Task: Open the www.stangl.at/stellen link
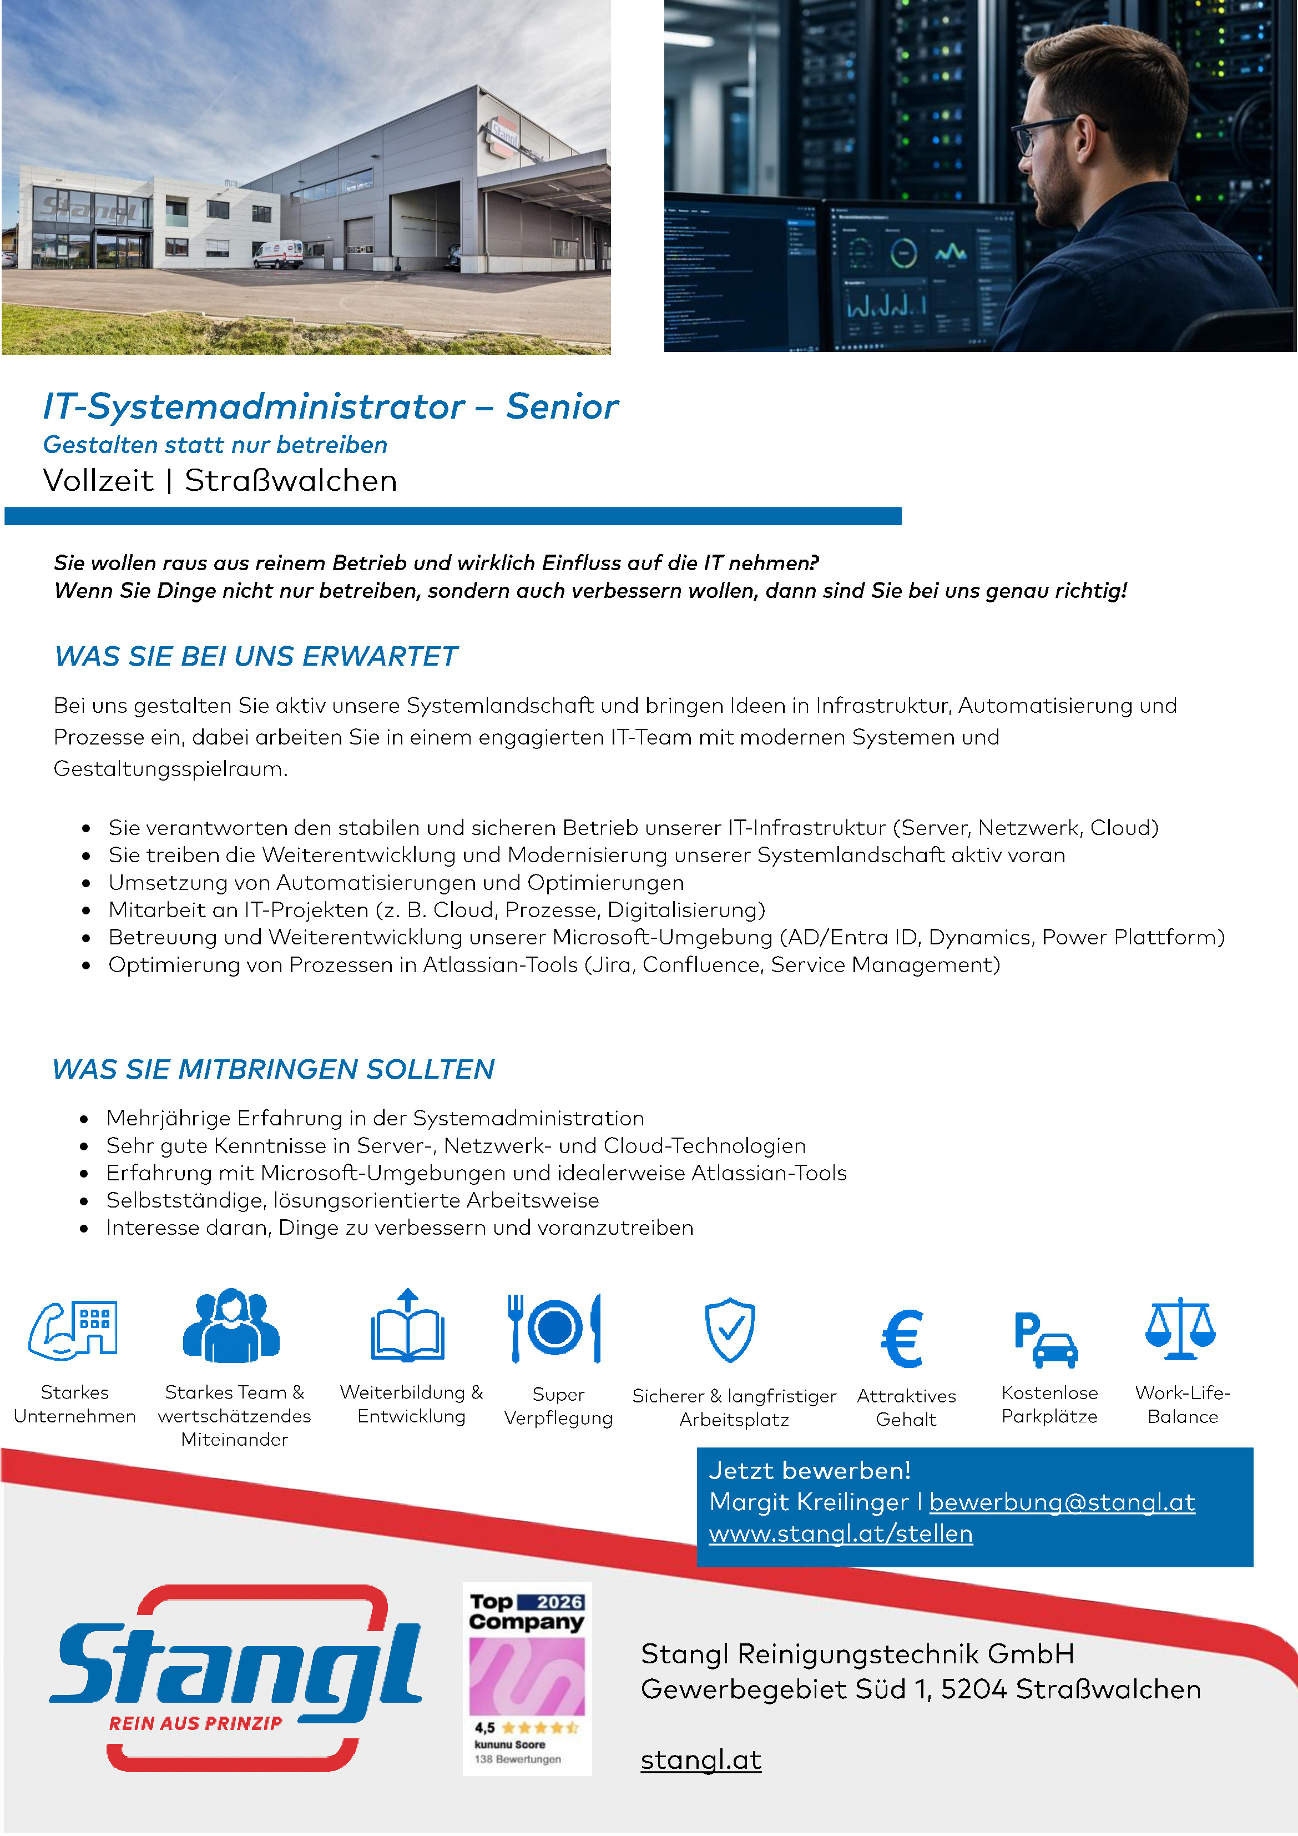pyautogui.click(x=840, y=1534)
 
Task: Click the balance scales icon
pyautogui.click(x=1180, y=1329)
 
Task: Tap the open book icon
pyautogui.click(x=408, y=1327)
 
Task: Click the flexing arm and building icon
pyautogui.click(x=74, y=1330)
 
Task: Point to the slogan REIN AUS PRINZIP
pyautogui.click(x=196, y=1723)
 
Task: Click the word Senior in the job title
pyautogui.click(x=562, y=406)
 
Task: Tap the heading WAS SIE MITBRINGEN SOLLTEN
pyautogui.click(x=274, y=1069)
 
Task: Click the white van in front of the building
pyautogui.click(x=277, y=254)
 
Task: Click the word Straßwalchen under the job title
pyautogui.click(x=290, y=481)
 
